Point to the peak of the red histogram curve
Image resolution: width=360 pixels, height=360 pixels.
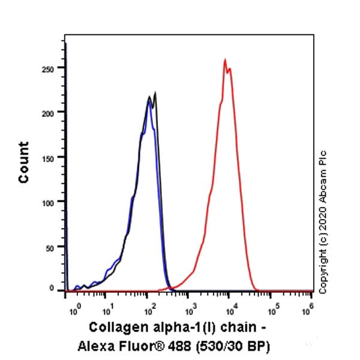[225, 59]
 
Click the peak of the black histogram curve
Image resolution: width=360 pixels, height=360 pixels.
[155, 92]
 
